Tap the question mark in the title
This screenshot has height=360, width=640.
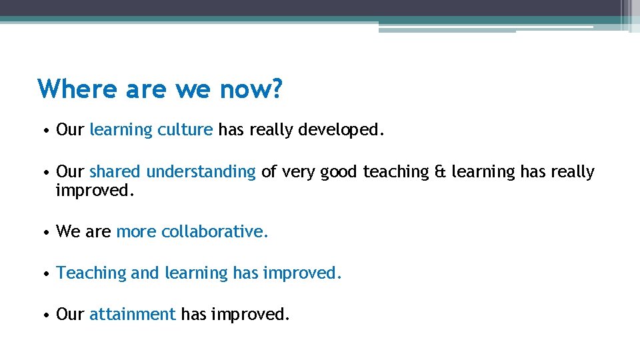tap(276, 89)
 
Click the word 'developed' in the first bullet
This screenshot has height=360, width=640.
tap(339, 129)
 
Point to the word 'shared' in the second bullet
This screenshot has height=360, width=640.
tap(115, 172)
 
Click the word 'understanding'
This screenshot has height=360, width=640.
tap(201, 172)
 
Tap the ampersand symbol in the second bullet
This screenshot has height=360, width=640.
tap(441, 172)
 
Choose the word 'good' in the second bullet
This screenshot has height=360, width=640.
tap(339, 172)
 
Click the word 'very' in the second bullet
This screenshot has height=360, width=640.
tap(298, 172)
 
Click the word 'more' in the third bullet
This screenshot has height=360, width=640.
tap(136, 231)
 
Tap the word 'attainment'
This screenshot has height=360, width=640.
tap(132, 314)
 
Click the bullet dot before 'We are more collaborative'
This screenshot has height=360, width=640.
tap(44, 232)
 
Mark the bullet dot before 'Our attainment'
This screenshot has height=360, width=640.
tap(44, 315)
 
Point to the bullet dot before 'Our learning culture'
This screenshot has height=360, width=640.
tap(44, 130)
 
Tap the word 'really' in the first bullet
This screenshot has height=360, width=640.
tap(271, 129)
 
